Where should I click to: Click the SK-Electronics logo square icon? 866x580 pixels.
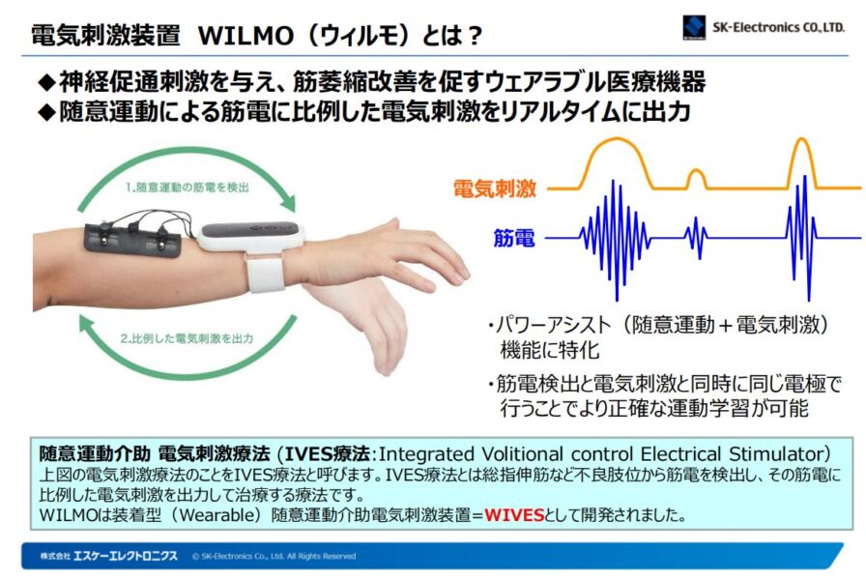point(694,27)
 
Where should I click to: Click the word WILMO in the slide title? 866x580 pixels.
point(245,36)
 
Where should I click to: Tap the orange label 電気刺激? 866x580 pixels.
point(494,188)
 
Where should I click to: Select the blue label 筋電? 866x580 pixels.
point(513,238)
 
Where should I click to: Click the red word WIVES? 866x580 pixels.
point(514,515)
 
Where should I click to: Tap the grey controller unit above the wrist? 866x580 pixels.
point(251,235)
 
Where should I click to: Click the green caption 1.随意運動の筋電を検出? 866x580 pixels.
point(187,188)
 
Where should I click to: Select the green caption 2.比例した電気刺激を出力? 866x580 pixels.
point(187,338)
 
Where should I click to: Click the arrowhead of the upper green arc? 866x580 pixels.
point(288,203)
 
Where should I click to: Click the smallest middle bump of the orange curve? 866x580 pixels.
point(696,179)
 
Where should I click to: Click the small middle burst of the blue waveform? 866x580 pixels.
point(696,238)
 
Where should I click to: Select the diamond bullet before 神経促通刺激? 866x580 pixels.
point(47,83)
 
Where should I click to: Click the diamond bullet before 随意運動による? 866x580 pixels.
point(47,112)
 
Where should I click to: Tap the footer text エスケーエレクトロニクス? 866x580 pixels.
point(126,556)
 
